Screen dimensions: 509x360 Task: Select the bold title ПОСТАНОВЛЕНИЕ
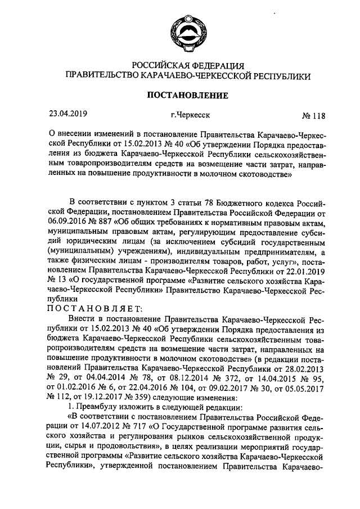[x=187, y=95]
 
